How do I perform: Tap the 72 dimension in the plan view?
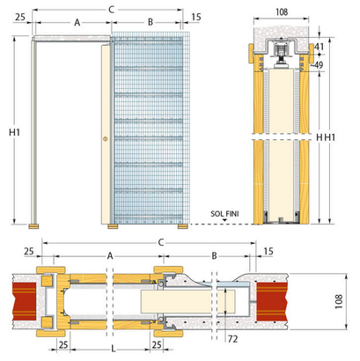pos(233,338)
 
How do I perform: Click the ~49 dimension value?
pos(318,64)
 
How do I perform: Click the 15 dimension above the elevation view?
pos(195,18)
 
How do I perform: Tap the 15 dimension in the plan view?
pos(267,253)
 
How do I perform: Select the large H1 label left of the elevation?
pos(13,132)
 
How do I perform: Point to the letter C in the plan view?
pos(158,240)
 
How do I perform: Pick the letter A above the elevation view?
pos(77,21)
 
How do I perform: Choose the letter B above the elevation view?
pos(150,21)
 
